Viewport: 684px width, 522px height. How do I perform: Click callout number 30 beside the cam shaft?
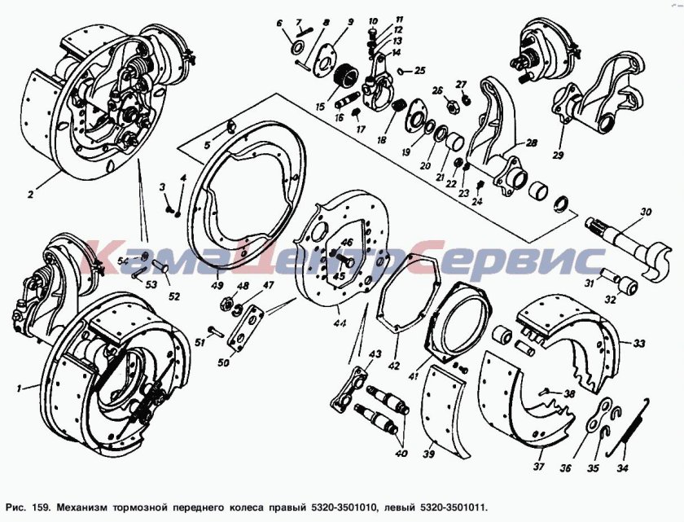pos(646,212)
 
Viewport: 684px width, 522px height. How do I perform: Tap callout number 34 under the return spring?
pos(622,469)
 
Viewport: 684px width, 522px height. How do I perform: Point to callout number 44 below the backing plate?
pos(340,324)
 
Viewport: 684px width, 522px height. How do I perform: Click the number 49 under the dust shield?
pos(217,286)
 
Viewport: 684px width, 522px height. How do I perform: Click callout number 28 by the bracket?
pos(531,143)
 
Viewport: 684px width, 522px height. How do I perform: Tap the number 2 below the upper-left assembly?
pos(30,195)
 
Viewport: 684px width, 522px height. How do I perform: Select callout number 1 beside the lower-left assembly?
pos(19,388)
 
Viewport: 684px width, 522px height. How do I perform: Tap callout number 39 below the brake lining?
pos(429,454)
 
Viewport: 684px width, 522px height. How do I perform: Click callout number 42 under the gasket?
pos(393,366)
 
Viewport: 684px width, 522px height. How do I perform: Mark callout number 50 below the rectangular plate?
pos(223,362)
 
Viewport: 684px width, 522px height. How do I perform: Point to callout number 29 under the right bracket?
pos(559,155)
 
